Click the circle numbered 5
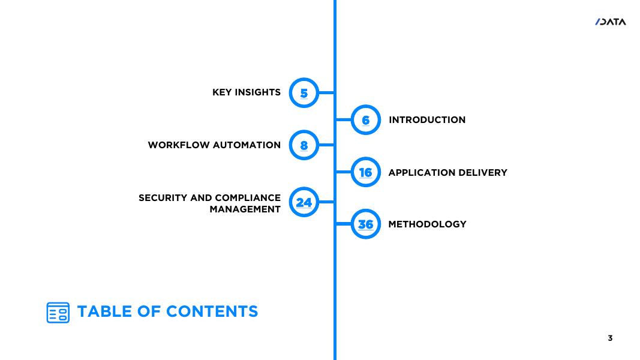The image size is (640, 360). tap(304, 93)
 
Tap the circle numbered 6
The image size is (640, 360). tap(365, 120)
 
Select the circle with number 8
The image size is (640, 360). tap(304, 145)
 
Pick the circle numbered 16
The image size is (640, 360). tap(365, 173)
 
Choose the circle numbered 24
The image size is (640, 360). tap(304, 202)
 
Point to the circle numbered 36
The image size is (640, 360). tap(365, 224)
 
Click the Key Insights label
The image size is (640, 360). tap(246, 92)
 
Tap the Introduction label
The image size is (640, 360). tap(427, 120)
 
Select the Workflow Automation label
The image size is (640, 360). tap(214, 145)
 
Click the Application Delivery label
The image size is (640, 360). tap(447, 173)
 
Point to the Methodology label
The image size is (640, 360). tap(427, 224)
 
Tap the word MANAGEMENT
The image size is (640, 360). tap(245, 209)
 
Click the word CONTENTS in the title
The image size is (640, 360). tap(212, 311)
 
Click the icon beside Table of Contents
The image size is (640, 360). tap(58, 313)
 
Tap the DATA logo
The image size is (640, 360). tap(611, 22)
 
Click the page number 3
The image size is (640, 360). tap(610, 338)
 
